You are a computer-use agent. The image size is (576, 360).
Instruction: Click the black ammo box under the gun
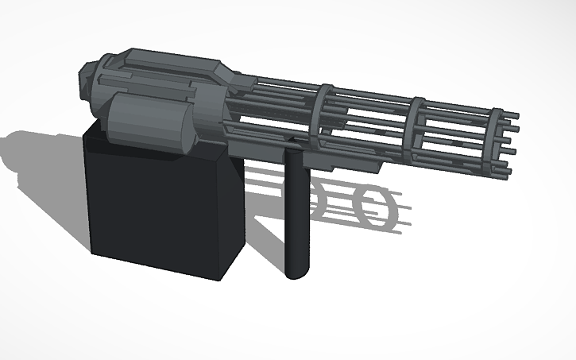[x=163, y=211]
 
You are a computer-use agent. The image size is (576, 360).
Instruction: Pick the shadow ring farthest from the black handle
[x=373, y=204]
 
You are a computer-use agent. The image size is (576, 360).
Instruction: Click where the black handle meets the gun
[x=295, y=147]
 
